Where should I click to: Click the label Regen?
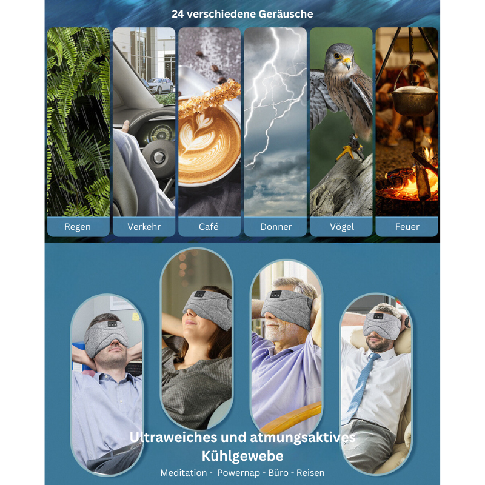[x=78, y=227]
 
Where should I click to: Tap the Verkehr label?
[x=144, y=227]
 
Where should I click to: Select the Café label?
[x=209, y=226]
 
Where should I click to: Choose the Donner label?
[x=276, y=227]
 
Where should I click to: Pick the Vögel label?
[x=342, y=227]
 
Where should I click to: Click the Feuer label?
[x=407, y=227]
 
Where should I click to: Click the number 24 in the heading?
[x=178, y=14]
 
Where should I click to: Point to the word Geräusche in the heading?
[x=286, y=14]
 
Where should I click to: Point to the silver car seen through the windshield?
[x=160, y=85]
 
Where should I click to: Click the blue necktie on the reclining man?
[x=361, y=387]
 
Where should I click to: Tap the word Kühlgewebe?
[x=242, y=456]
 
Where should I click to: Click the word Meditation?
[x=184, y=473]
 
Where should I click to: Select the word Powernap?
[x=238, y=473]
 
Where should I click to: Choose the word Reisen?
[x=310, y=473]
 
